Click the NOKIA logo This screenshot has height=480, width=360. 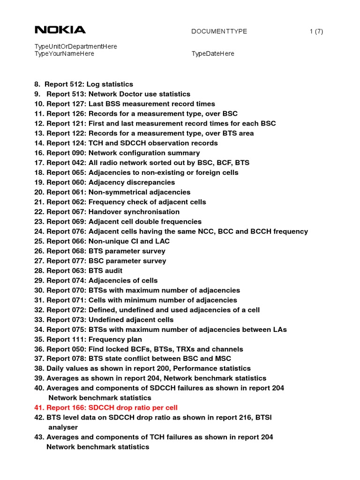(x=60, y=30)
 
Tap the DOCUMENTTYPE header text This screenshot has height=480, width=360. (x=219, y=31)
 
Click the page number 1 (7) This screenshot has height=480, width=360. (x=316, y=31)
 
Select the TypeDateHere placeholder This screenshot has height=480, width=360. (x=213, y=54)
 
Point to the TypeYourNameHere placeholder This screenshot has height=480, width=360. (x=64, y=54)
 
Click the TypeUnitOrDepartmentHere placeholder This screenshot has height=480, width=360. (x=75, y=46)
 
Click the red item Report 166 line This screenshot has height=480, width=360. (x=106, y=408)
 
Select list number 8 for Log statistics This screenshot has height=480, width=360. (x=37, y=84)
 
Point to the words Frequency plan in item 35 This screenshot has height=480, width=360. (x=115, y=339)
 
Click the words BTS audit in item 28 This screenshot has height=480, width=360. (x=105, y=271)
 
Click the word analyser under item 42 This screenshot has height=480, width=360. (x=63, y=427)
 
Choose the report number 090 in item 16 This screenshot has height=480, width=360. (x=78, y=153)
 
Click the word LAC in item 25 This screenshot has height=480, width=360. (x=162, y=241)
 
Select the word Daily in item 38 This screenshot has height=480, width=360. (x=55, y=368)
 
